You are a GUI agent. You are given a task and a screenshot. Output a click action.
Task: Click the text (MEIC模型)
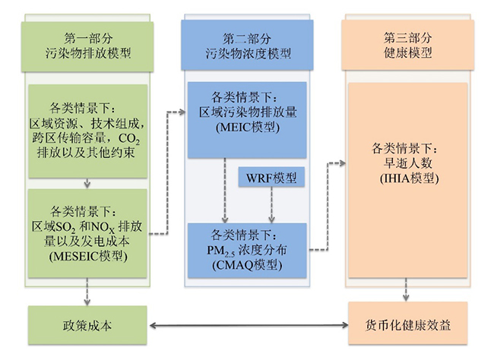pos(247,126)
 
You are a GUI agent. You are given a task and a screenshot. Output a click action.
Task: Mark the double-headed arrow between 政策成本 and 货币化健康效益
pos(248,327)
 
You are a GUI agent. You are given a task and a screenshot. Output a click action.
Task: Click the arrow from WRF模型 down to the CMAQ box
pos(271,205)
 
